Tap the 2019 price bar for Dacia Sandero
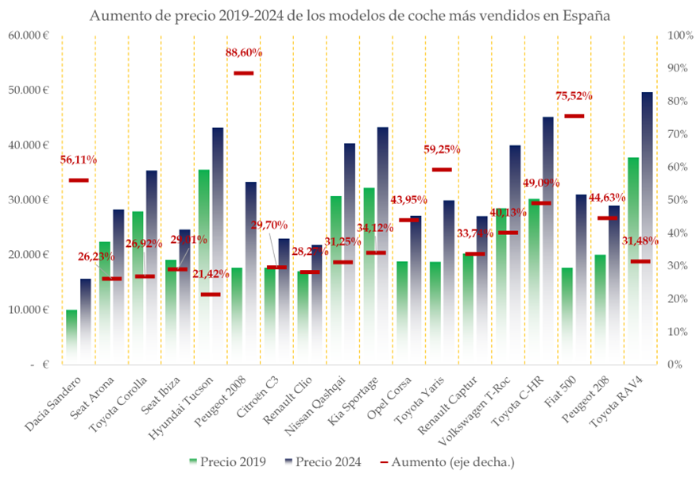(72, 337)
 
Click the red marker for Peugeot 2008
(243, 73)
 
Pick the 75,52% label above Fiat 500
(574, 96)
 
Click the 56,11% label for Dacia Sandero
(79, 160)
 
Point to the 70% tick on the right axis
(681, 134)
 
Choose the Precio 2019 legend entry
(227, 461)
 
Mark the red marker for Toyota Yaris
(442, 170)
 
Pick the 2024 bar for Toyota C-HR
(547, 238)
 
